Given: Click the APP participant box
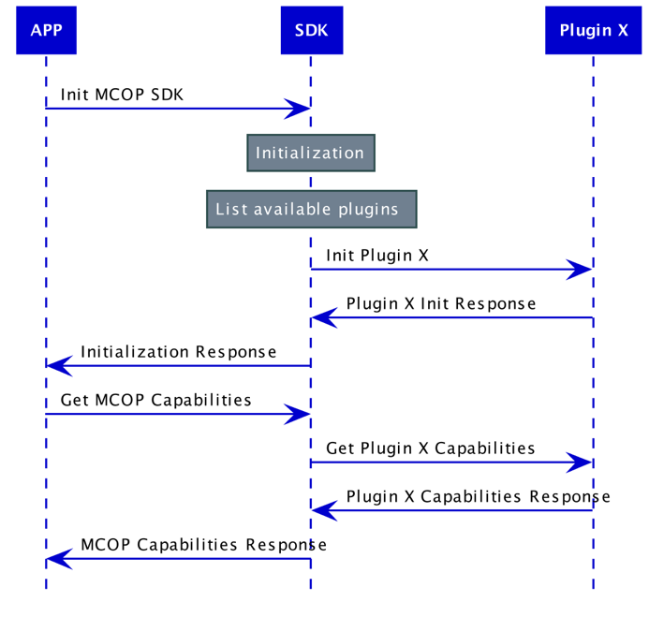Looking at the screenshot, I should (x=46, y=30).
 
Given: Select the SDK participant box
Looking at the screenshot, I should (x=311, y=30).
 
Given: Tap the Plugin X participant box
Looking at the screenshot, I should (x=593, y=30).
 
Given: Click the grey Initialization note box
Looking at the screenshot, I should (x=310, y=153).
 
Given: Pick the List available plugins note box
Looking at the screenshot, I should (x=311, y=209).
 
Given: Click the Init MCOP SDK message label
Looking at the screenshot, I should (x=123, y=95).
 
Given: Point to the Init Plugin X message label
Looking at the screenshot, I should (x=377, y=255).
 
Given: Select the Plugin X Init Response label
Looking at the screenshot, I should (x=441, y=303).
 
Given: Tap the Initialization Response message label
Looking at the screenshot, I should (x=178, y=352).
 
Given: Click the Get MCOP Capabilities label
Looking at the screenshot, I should (x=156, y=400).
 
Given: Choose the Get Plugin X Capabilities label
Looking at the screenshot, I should (x=431, y=448).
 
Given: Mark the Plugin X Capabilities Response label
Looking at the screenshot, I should (x=478, y=496).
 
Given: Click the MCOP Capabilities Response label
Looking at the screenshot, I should (x=203, y=544).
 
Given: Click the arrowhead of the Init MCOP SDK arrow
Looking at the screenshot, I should (x=300, y=109).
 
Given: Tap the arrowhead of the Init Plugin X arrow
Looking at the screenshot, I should (x=582, y=270).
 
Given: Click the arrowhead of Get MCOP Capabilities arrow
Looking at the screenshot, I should (x=300, y=414).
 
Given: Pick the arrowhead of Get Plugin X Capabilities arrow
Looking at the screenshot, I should (x=582, y=463).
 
